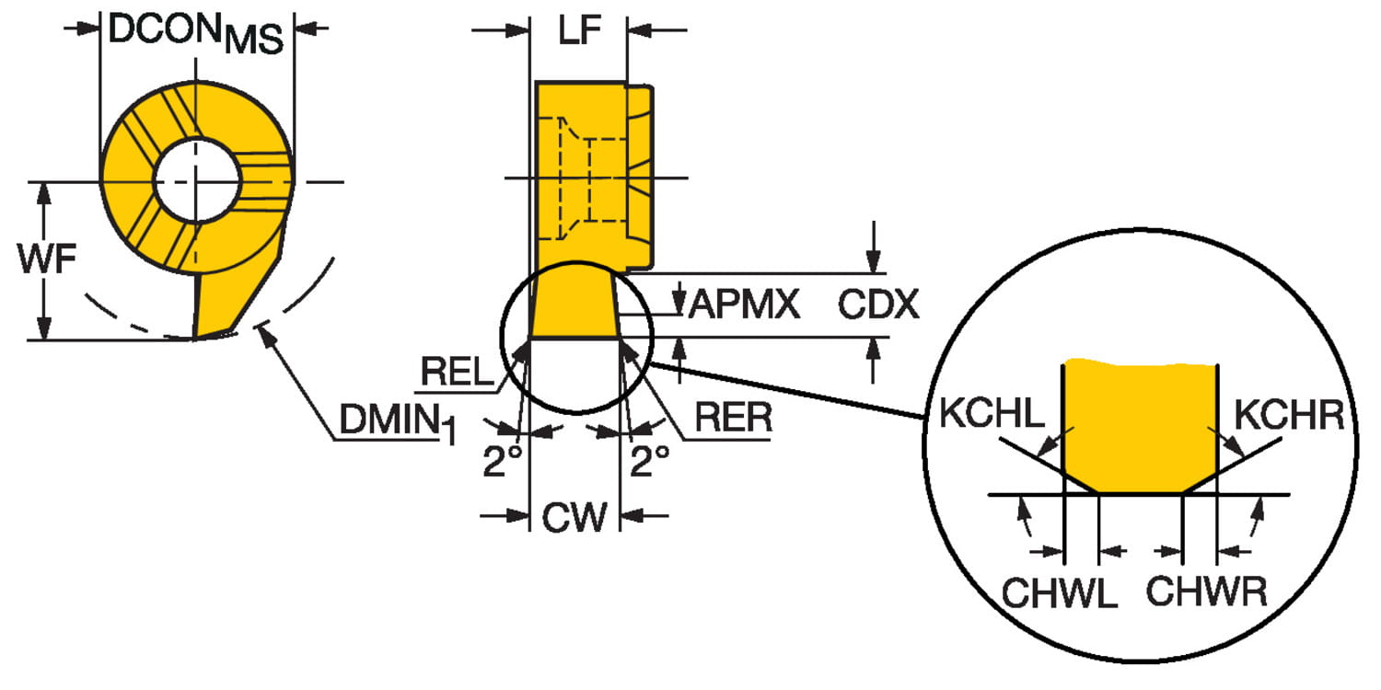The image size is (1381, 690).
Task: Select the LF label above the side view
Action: (579, 31)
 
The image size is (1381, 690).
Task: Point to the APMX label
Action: (745, 303)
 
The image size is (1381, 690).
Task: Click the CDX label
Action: (877, 304)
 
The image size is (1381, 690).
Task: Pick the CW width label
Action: (574, 517)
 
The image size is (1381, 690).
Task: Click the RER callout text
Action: (733, 418)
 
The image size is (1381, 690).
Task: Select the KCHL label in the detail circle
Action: (992, 415)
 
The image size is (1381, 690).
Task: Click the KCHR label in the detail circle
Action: (1288, 415)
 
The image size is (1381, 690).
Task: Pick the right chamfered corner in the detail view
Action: (1201, 478)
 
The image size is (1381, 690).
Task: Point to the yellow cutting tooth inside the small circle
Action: (573, 303)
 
